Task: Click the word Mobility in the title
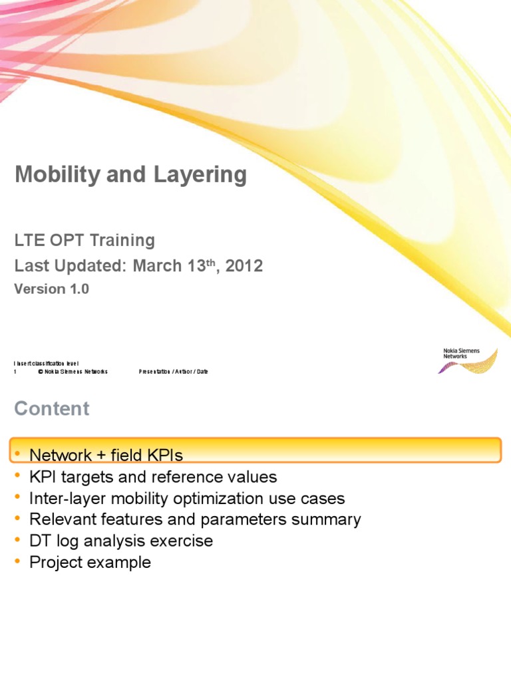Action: coord(54,176)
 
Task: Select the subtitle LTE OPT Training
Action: coord(85,240)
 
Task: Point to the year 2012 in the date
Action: coord(244,267)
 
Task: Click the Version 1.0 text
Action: coord(52,289)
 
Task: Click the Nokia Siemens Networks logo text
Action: coord(460,353)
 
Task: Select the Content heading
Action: coord(52,409)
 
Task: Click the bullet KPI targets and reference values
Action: coord(153,477)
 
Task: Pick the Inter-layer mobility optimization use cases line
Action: coord(187,499)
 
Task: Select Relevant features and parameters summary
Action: coord(195,520)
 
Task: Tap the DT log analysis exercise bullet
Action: coord(121,541)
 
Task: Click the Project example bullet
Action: coord(90,563)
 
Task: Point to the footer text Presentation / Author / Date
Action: coord(173,372)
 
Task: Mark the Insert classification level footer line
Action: coord(46,363)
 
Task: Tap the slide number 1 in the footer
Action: coord(15,372)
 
